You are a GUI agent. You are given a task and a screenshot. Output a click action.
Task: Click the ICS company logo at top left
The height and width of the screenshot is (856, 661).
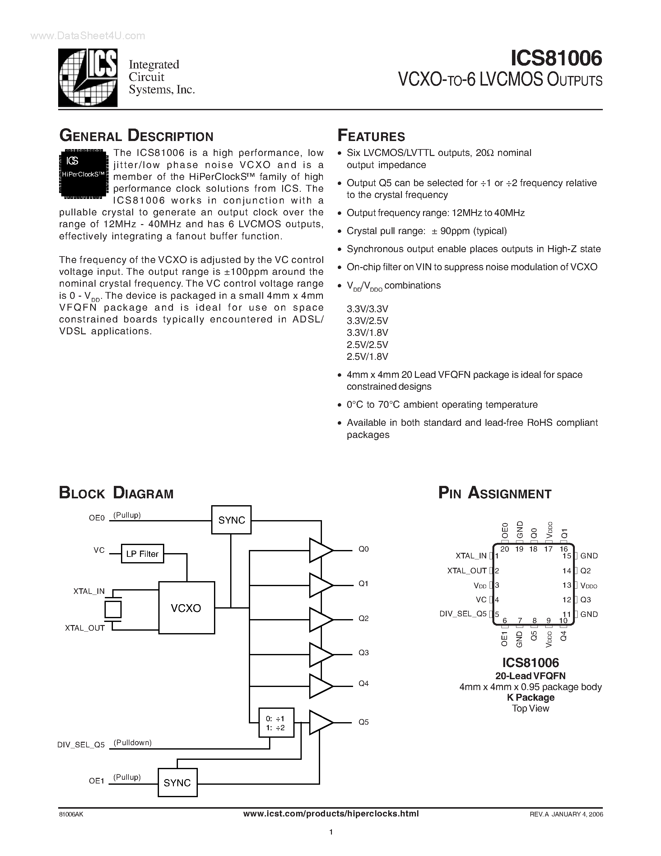tap(88, 78)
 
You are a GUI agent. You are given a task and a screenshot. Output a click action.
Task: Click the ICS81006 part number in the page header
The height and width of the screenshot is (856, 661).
tap(556, 59)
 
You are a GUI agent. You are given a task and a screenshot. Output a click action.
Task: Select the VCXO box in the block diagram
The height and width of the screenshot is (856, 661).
tap(186, 608)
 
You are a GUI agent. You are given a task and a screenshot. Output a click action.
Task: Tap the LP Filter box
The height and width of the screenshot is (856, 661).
tap(142, 554)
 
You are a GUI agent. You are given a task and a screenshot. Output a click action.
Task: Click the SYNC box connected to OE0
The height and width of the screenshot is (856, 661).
tap(231, 520)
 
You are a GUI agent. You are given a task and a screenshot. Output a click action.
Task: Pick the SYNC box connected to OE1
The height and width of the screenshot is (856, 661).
tap(177, 783)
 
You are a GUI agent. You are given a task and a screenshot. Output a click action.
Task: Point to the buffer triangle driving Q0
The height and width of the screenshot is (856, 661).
tap(319, 550)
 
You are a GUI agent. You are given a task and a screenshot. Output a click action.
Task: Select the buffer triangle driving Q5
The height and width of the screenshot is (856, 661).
tap(319, 722)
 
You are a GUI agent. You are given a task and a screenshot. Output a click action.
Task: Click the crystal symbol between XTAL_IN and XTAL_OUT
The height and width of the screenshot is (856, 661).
tap(113, 609)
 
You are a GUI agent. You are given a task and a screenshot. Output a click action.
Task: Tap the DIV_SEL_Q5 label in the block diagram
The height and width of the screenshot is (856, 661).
tap(81, 745)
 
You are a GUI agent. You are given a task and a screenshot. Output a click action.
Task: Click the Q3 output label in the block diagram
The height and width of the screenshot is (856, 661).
tap(363, 652)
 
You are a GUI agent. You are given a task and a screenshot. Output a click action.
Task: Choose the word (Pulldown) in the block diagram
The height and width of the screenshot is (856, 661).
tap(133, 743)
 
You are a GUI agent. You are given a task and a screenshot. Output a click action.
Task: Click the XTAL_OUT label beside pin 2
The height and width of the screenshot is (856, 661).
tap(467, 571)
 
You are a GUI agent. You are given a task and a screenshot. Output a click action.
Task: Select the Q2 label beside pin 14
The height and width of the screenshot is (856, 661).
tap(585, 571)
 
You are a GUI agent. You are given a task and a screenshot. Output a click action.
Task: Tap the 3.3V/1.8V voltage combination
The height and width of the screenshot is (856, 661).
tap(367, 332)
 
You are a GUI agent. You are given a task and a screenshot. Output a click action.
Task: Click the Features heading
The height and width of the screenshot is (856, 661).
tap(371, 136)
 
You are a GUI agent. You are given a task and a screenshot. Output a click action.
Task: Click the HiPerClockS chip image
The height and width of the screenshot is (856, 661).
tap(83, 172)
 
